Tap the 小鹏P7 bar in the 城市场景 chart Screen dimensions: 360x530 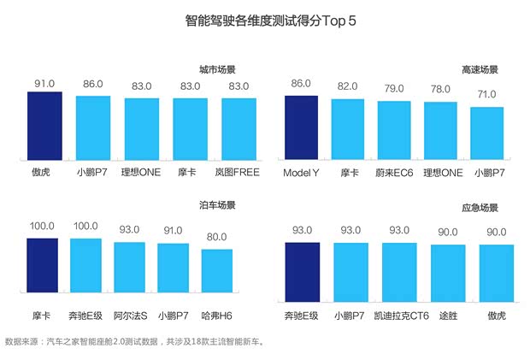[x=93, y=128]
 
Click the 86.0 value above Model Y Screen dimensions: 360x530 [x=301, y=84]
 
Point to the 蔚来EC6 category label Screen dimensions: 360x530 [x=394, y=173]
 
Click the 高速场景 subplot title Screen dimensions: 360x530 [x=480, y=68]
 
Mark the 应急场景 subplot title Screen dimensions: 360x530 [x=480, y=208]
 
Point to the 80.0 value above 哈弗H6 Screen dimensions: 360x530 [x=217, y=237]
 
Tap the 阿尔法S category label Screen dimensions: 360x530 [x=129, y=316]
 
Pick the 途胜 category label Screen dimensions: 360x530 [x=448, y=316]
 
